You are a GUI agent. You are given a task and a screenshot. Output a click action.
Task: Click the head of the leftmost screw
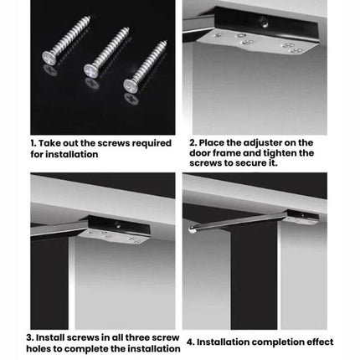(x=49, y=58)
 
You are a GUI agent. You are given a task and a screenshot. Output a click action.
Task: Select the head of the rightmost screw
(x=131, y=85)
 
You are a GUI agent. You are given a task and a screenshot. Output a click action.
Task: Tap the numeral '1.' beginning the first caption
(x=35, y=143)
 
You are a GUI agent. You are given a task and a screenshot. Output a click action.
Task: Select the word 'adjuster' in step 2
(x=265, y=142)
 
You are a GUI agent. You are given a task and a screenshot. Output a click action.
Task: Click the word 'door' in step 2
(x=201, y=153)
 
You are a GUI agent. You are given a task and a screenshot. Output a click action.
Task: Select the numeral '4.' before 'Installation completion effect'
(x=191, y=342)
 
